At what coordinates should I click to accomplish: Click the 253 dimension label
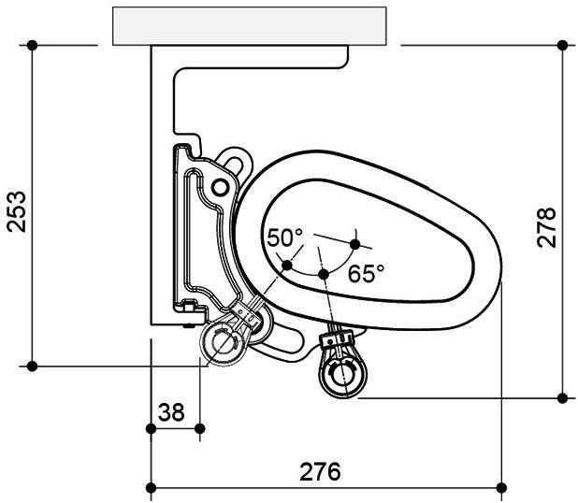click(x=17, y=211)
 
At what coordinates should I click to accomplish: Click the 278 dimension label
click(x=546, y=227)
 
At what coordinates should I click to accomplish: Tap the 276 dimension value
click(x=320, y=471)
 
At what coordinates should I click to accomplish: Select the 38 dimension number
click(x=171, y=412)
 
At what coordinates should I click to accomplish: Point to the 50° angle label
click(x=284, y=237)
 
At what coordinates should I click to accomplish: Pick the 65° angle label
click(x=366, y=273)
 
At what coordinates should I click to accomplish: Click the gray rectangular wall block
click(x=249, y=26)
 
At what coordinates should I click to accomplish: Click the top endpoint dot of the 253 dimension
click(x=32, y=45)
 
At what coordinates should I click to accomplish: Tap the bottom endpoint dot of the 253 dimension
click(x=32, y=366)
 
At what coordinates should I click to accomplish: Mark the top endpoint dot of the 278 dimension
click(x=562, y=45)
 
